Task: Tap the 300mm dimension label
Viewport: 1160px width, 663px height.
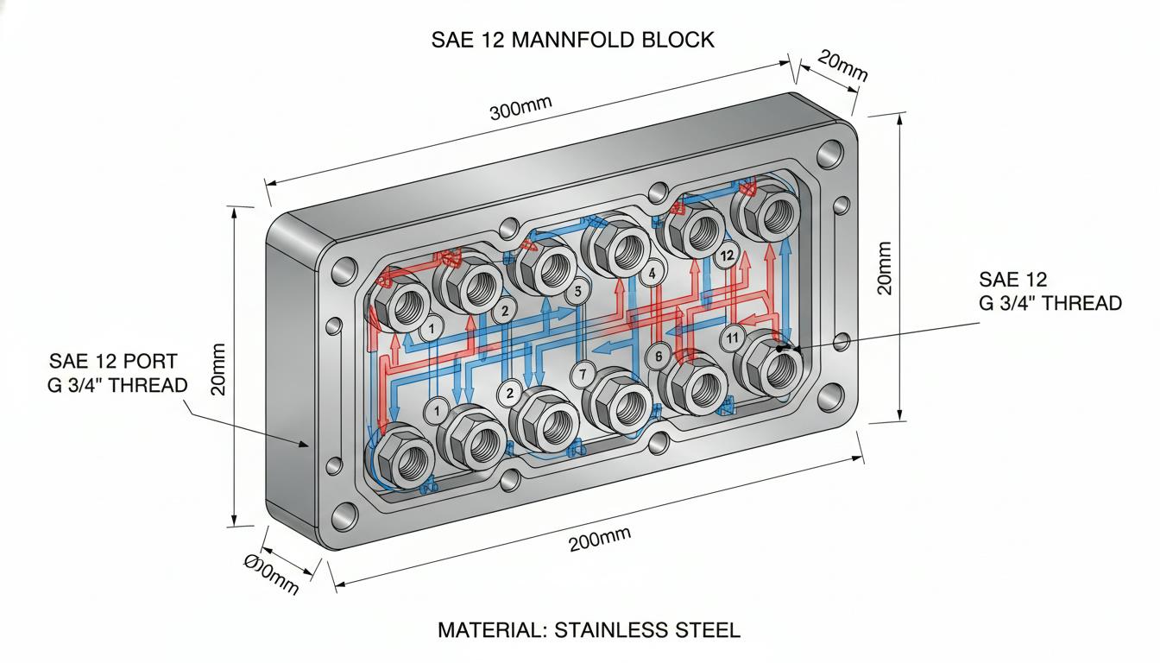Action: pos(520,108)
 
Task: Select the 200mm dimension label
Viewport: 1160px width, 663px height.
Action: pos(600,539)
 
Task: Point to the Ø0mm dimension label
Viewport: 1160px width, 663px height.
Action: pos(271,574)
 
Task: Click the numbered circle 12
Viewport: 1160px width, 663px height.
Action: pos(727,256)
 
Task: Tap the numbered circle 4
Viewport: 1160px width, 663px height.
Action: pos(652,274)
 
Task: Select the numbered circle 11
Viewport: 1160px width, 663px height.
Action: pos(732,338)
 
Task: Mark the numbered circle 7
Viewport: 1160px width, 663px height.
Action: pos(583,374)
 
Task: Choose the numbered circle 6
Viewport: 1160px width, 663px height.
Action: pos(659,357)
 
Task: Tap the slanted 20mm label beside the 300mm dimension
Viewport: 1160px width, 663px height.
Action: pos(842,67)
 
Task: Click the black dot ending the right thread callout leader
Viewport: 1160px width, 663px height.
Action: pos(779,349)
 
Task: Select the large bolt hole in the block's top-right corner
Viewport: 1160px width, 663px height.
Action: pos(830,154)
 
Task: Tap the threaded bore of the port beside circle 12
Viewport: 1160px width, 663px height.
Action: pos(703,230)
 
